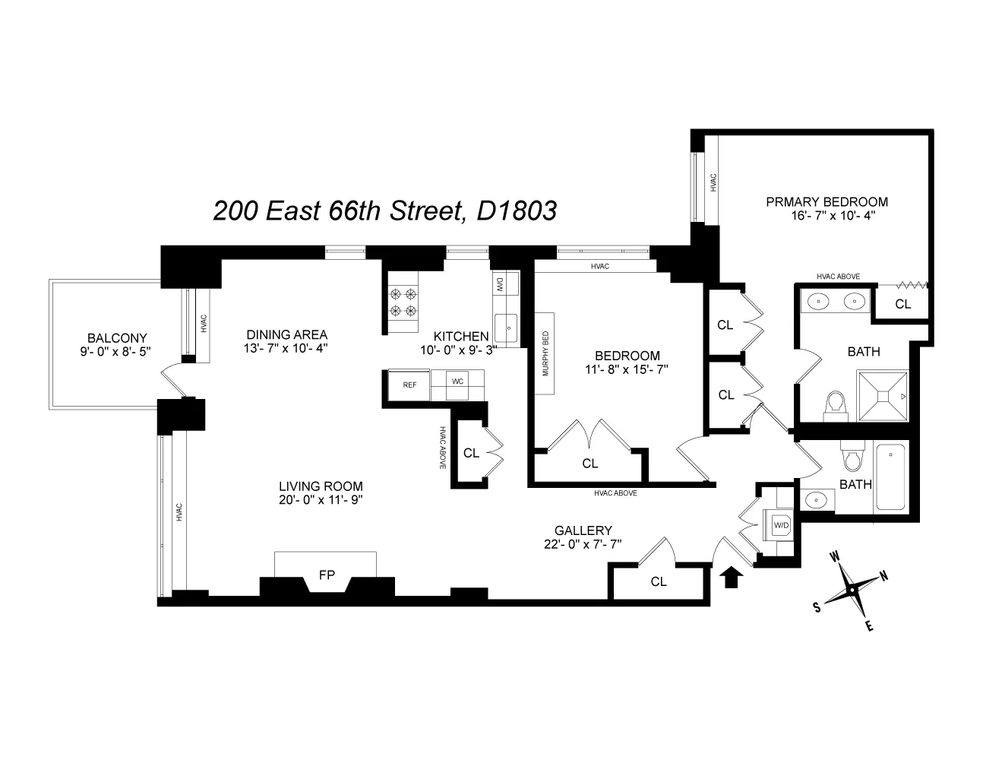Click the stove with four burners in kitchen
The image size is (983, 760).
(403, 302)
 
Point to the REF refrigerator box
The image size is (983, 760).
(409, 384)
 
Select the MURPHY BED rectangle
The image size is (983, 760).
(545, 353)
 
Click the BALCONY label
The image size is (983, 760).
(116, 337)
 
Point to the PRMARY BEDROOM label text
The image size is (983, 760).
(827, 201)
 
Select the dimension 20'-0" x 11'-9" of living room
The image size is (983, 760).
(320, 500)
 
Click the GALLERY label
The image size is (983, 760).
(583, 530)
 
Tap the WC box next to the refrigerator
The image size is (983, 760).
(457, 382)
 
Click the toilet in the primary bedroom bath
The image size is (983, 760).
(836, 404)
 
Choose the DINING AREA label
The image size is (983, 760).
(286, 334)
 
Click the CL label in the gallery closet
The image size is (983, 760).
(658, 581)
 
